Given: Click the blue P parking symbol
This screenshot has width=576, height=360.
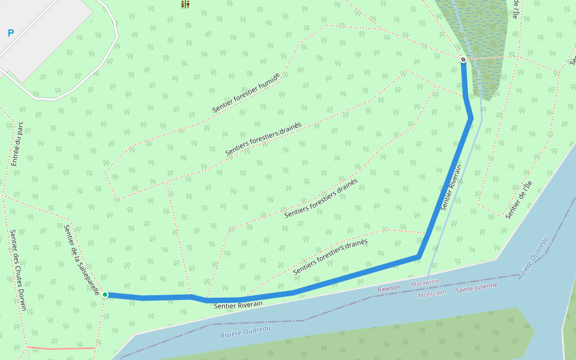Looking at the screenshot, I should [x=10, y=34].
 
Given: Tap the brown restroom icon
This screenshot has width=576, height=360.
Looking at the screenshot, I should [x=185, y=4].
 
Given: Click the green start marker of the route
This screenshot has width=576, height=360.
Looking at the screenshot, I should [x=105, y=295].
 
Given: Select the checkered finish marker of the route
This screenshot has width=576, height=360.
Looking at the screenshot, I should [x=463, y=59].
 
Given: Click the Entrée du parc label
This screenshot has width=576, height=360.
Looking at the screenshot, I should [x=17, y=144].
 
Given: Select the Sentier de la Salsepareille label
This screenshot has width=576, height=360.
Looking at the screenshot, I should [x=82, y=260].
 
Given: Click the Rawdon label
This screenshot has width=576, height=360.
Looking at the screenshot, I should [x=388, y=288].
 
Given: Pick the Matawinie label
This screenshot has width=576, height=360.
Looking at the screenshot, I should [x=425, y=281].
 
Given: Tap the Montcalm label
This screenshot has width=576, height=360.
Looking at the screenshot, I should [x=432, y=295].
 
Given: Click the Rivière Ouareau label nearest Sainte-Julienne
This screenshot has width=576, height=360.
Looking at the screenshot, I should [x=533, y=258].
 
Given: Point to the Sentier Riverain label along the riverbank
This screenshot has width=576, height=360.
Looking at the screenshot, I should [x=238, y=305].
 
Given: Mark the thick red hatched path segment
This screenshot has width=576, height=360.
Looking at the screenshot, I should [x=60, y=348].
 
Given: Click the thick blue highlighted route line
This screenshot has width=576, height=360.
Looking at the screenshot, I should [x=360, y=273].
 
